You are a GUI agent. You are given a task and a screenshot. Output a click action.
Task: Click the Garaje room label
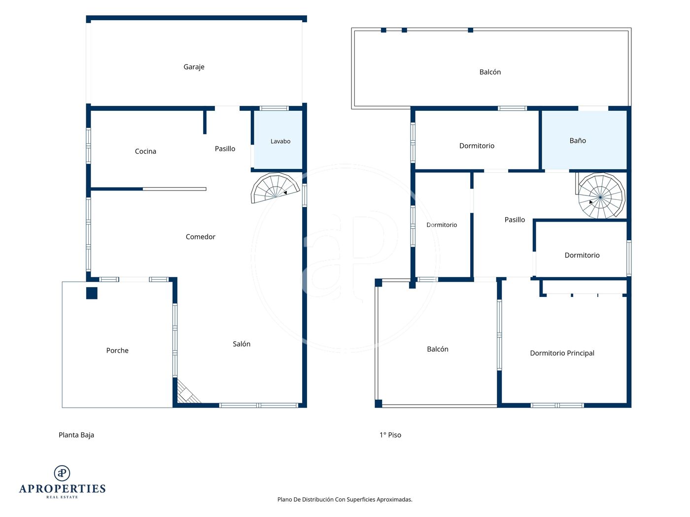coord(194,67)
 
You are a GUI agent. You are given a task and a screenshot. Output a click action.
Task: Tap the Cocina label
coord(145,151)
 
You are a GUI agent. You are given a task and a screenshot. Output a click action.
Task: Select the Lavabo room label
coord(280,141)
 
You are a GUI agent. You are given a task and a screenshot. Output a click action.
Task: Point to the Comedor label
coord(200,237)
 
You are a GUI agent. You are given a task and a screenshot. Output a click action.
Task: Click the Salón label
coord(241,344)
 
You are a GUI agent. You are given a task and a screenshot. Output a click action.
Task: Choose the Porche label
coord(117,350)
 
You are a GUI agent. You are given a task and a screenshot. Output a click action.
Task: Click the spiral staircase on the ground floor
coord(275,188)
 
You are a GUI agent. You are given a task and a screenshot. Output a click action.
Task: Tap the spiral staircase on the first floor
coord(600,196)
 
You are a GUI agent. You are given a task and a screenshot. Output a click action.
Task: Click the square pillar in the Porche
coord(92,293)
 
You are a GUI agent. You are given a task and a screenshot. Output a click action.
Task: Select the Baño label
coord(578,141)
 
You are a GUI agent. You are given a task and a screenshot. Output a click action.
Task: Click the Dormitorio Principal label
coord(562,353)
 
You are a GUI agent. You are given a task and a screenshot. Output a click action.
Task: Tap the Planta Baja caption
coord(76,435)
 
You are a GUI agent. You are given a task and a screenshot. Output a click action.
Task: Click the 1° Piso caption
coord(390,435)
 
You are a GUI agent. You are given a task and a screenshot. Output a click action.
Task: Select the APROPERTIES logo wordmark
coord(62,489)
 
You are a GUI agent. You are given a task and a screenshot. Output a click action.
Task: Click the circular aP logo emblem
coord(62,473)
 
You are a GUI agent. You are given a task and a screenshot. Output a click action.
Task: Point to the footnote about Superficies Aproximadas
coord(345,499)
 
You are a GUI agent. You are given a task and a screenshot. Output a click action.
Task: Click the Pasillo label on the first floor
coord(515,220)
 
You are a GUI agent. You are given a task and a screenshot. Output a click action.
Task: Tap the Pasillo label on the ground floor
coord(225,149)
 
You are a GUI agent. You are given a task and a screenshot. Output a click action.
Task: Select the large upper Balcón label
coord(490,72)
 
